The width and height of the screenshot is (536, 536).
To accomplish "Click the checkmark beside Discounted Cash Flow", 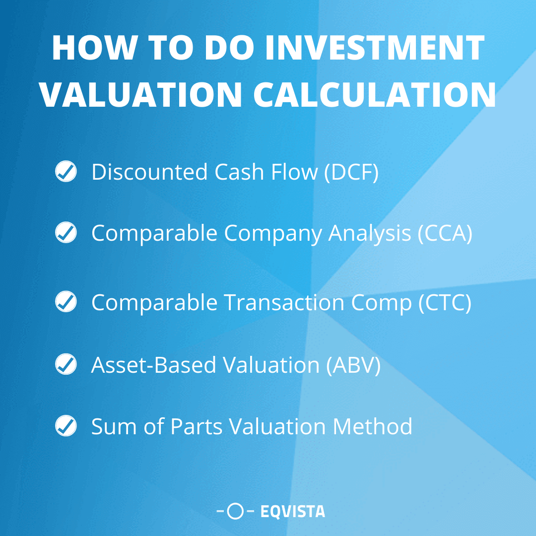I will tap(66, 172).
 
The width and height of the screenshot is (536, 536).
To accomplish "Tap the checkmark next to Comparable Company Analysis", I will tap(66, 233).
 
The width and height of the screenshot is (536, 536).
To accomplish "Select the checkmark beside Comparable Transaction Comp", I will tap(66, 302).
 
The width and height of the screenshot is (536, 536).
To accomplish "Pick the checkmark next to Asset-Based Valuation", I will tap(66, 365).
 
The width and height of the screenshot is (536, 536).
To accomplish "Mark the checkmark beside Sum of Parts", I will tap(66, 426).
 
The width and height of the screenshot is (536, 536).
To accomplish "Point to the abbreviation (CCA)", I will tap(445, 233).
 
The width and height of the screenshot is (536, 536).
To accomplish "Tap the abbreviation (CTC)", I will tap(445, 302).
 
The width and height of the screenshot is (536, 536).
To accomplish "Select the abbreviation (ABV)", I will tap(353, 365).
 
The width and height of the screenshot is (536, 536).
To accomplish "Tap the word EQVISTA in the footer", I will tap(293, 511).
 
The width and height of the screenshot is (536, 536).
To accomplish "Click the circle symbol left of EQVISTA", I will tap(236, 511).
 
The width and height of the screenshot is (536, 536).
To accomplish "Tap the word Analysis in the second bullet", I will tap(370, 233).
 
